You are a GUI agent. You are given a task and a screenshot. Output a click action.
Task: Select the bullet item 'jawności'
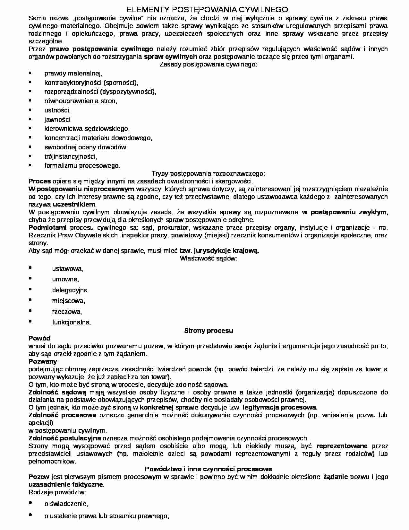click(57, 119)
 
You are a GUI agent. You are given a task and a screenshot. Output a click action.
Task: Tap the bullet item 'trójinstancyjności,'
click(71, 156)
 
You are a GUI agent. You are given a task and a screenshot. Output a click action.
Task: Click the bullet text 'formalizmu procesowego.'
click(82, 166)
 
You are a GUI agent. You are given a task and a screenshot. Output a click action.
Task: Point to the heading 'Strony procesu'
click(209, 331)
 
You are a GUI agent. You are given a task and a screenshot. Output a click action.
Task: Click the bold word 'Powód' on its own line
click(39, 338)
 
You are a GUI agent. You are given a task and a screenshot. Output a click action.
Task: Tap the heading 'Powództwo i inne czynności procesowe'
click(209, 469)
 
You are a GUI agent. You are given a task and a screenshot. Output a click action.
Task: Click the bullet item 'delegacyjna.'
click(71, 290)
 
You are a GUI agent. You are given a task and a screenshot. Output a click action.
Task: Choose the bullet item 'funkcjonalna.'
click(72, 322)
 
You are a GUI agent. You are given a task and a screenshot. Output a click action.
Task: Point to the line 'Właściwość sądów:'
click(209, 258)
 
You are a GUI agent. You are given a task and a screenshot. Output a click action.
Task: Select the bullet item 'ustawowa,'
click(68, 269)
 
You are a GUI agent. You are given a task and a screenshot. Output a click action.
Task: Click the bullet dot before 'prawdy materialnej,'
click(30, 73)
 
